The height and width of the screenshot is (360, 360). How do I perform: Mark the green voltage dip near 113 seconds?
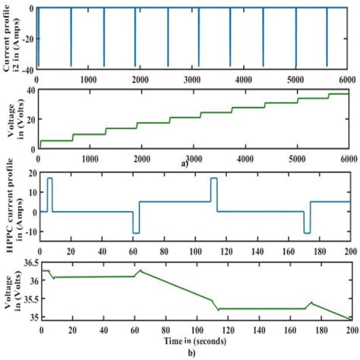tap(218, 309)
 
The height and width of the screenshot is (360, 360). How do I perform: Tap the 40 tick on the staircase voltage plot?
tap(28, 90)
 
